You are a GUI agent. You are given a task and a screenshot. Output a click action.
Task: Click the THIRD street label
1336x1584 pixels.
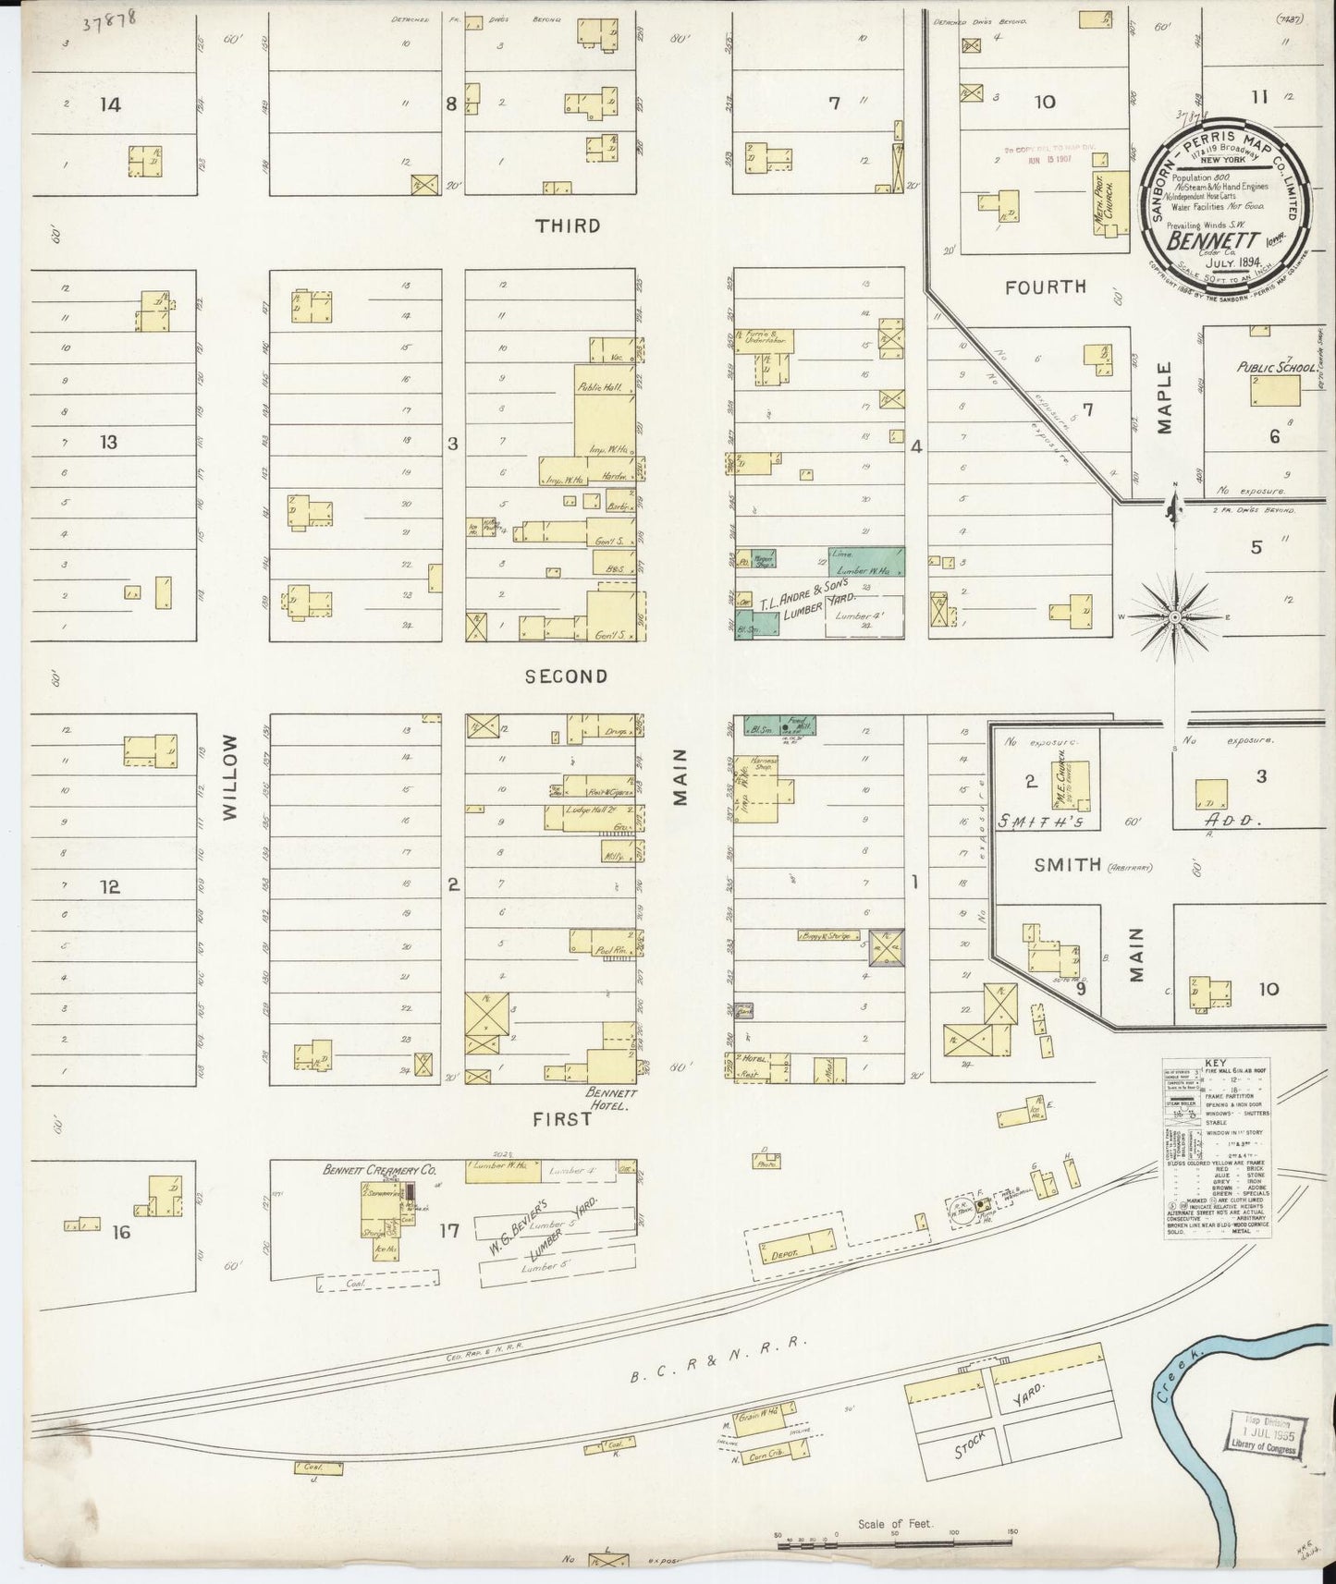click(x=568, y=226)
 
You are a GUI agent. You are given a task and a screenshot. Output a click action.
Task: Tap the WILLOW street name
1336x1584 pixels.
click(x=230, y=776)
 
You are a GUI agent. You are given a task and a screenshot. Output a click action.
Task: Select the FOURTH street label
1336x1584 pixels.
click(x=1045, y=287)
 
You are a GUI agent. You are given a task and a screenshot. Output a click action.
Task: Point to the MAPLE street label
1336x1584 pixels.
click(x=1163, y=397)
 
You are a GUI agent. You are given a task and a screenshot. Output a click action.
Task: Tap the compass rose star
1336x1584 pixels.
click(x=1174, y=615)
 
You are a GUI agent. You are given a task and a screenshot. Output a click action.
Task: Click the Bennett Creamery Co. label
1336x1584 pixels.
click(x=378, y=1170)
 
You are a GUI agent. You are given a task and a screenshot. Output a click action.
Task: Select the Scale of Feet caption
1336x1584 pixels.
click(x=895, y=1524)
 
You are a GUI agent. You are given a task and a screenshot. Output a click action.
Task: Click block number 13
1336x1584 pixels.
click(x=109, y=442)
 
